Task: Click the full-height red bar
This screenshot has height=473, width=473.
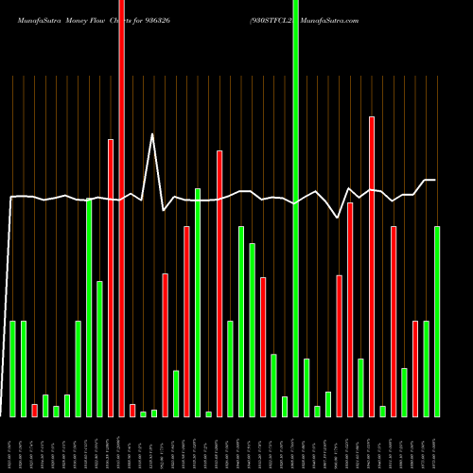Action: pos(121,208)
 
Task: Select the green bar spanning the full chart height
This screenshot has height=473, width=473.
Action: pos(295,208)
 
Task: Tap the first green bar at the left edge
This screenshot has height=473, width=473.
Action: pos(13,369)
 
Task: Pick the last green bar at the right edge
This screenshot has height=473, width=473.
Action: pos(437,322)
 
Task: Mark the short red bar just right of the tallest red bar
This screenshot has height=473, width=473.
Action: pos(132,410)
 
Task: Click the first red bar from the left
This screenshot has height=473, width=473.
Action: pos(35,410)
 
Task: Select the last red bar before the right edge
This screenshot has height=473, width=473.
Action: pos(415,369)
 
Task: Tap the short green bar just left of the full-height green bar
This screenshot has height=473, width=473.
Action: pos(285,406)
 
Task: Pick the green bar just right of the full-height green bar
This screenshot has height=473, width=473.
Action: pos(307,388)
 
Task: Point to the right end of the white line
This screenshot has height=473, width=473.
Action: pos(435,180)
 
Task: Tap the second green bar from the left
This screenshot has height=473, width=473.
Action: pos(24,369)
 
